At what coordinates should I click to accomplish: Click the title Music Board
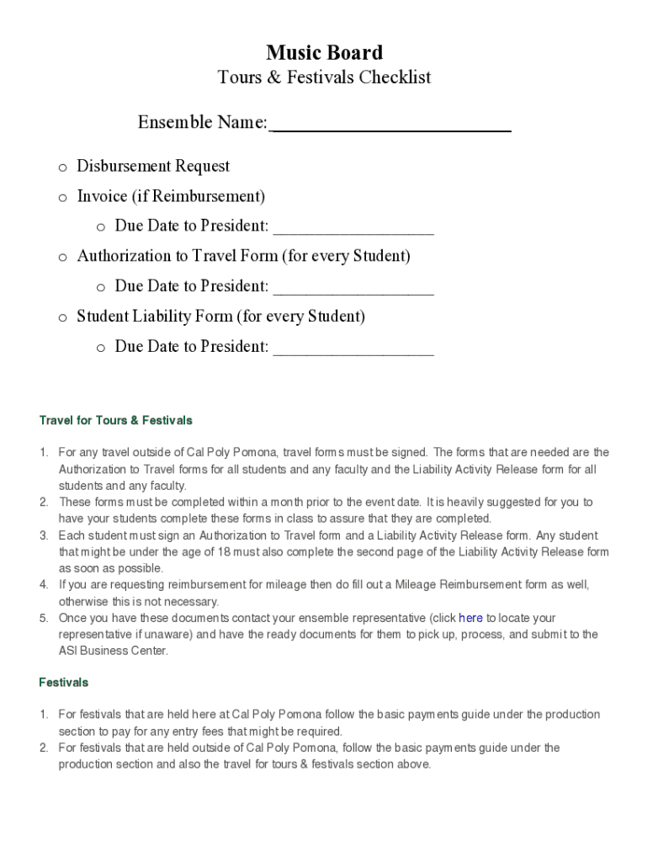coord(324,53)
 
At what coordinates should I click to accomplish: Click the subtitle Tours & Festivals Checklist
coord(324,77)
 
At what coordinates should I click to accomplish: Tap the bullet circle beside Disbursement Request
coord(62,168)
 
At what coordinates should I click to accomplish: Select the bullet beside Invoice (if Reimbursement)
coord(62,198)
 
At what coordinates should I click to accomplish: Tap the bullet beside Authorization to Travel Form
coord(62,258)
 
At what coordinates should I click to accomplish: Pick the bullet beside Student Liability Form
coord(62,318)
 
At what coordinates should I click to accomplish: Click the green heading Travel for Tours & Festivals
coord(115,420)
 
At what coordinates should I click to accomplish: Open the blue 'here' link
coord(470,618)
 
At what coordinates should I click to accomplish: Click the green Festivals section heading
coord(63,682)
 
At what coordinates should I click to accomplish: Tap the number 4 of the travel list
coord(43,585)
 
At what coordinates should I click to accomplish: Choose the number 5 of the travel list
coord(43,618)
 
